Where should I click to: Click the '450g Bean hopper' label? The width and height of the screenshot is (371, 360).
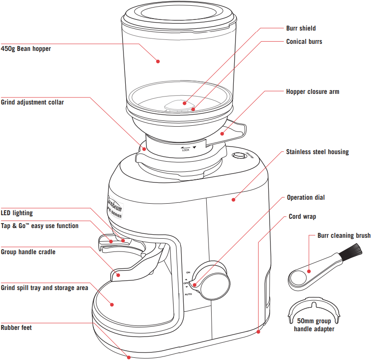tap(26, 49)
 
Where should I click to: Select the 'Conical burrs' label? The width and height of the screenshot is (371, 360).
tap(304, 42)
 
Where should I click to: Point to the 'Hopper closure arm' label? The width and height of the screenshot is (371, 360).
tap(313, 92)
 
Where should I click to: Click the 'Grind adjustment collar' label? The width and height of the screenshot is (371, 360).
tap(32, 102)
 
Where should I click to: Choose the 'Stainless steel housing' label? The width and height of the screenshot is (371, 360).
tap(317, 152)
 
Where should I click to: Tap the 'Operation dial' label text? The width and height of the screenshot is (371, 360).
tap(305, 197)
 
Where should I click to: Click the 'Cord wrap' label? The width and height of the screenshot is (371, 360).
tap(302, 217)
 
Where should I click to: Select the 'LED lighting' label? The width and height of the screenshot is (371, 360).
tap(17, 213)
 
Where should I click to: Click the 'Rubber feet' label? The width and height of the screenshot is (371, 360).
tap(16, 328)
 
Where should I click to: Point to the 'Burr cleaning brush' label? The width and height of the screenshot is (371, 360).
tap(344, 236)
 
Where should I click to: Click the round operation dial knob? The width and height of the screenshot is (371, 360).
tap(215, 283)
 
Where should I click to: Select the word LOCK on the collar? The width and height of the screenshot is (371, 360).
tap(186, 150)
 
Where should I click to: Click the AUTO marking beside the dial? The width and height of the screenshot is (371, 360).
tap(188, 294)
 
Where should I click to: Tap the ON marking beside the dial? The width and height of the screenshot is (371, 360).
tap(188, 272)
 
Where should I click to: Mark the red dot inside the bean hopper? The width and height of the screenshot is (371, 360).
tap(157, 62)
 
